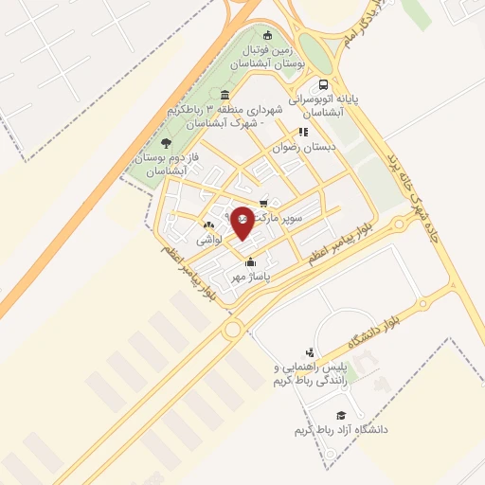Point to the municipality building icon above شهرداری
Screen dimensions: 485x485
(x=225, y=95)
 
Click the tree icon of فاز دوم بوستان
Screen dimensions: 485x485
(x=167, y=142)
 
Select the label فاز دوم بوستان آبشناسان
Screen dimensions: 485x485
(x=157, y=163)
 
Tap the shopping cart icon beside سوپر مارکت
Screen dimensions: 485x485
(x=263, y=202)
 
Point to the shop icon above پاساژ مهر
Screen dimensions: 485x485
(x=250, y=262)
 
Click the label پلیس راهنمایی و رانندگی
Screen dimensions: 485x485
(x=304, y=373)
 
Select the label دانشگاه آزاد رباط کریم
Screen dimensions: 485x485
(x=341, y=429)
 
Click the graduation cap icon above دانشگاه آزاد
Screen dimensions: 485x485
(x=340, y=414)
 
